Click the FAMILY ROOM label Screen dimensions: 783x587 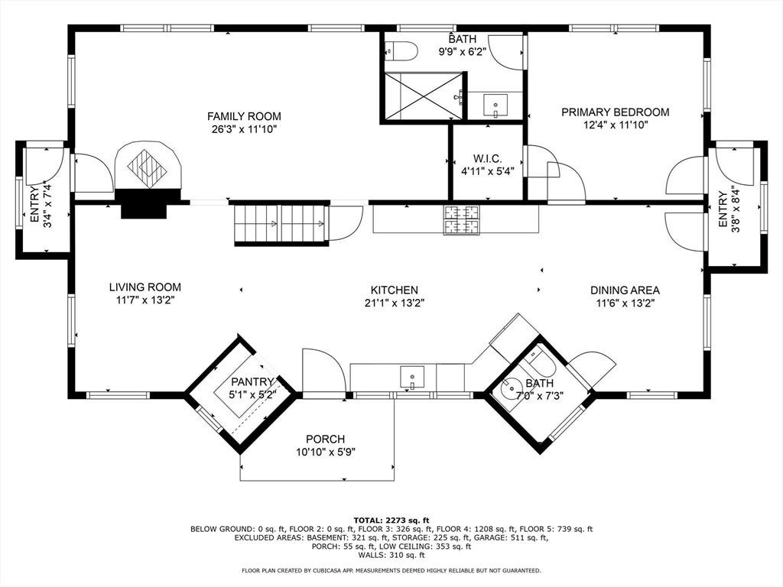pyautogui.click(x=244, y=116)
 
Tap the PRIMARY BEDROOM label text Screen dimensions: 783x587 pyautogui.click(x=616, y=112)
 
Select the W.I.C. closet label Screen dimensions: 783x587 pyautogui.click(x=487, y=159)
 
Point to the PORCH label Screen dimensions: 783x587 pyautogui.click(x=325, y=439)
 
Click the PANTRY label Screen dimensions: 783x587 pyautogui.click(x=252, y=382)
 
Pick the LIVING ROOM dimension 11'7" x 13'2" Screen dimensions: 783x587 pyautogui.click(x=145, y=300)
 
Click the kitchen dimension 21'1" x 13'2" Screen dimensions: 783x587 pyautogui.click(x=395, y=303)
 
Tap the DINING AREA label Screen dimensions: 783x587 pyautogui.click(x=625, y=290)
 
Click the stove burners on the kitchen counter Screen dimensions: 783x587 pyautogui.click(x=461, y=220)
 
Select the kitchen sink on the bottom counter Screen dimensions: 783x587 pyautogui.click(x=412, y=378)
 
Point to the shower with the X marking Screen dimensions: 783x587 pyautogui.click(x=424, y=96)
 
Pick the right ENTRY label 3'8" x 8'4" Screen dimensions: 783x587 pyautogui.click(x=729, y=209)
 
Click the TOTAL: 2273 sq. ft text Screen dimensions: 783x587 pyautogui.click(x=391, y=520)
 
